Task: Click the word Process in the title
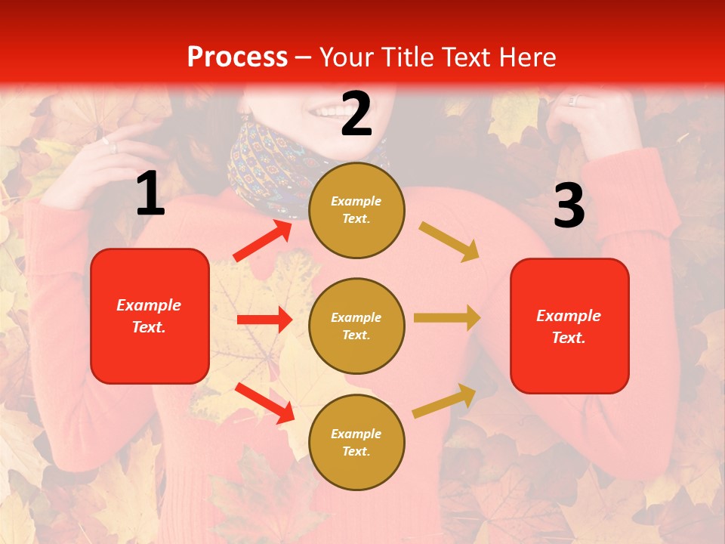pos(237,57)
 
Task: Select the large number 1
pos(150,194)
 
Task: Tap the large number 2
pos(356,114)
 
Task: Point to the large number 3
pos(569,206)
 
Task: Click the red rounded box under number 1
pos(150,316)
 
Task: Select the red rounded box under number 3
pos(569,326)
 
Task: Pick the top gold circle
pos(356,209)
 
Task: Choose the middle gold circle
pos(356,326)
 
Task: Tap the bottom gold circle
pos(356,442)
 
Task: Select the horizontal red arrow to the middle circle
pos(264,320)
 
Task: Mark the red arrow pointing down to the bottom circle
pos(265,402)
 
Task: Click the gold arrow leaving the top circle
pos(449,241)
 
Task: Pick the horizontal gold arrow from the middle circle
pos(447,317)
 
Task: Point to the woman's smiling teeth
pos(329,111)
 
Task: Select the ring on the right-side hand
pos(572,100)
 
